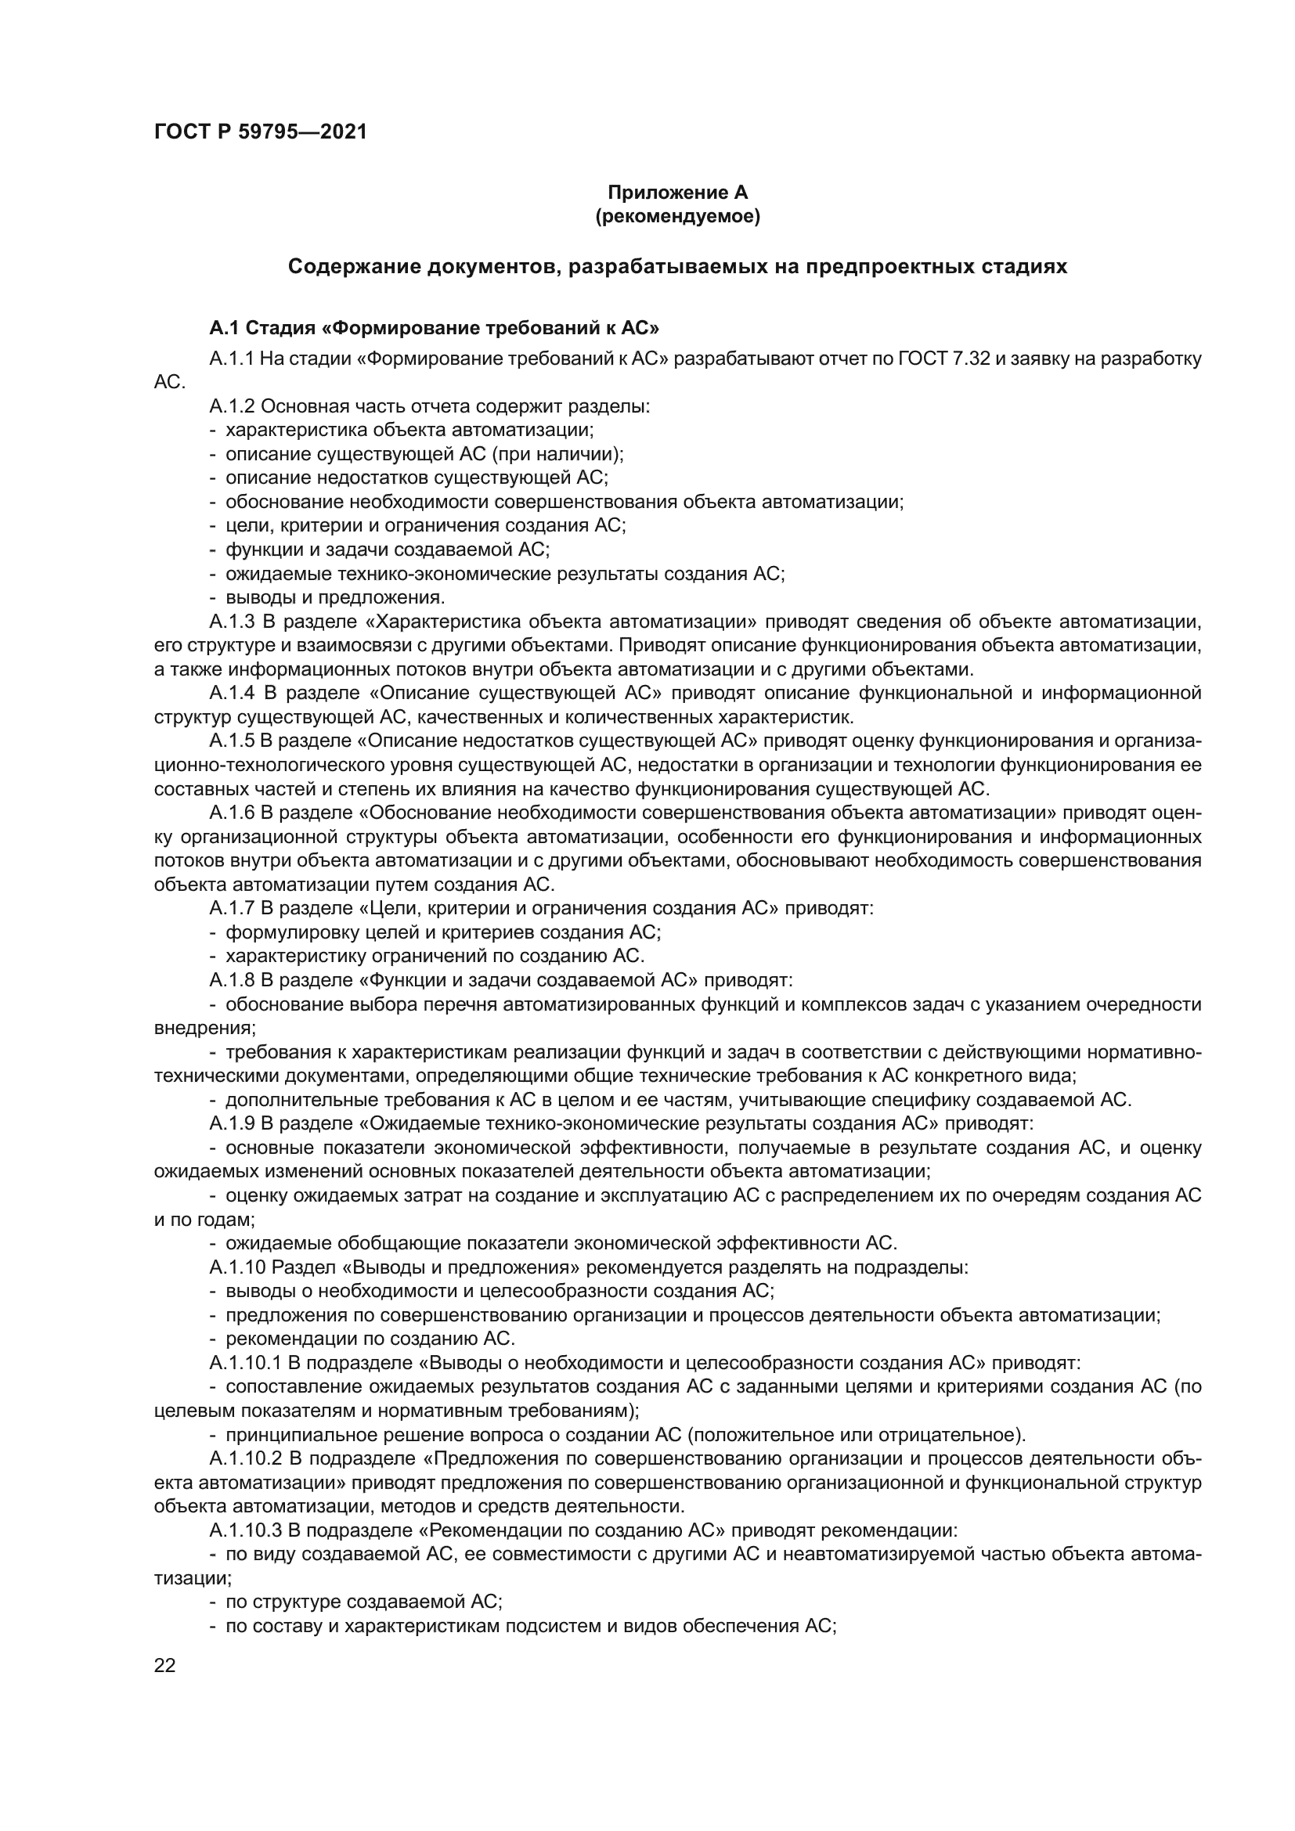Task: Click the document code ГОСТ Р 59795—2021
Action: point(260,132)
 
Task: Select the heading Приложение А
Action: point(677,193)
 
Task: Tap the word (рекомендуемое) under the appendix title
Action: point(677,216)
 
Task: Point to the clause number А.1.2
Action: point(231,406)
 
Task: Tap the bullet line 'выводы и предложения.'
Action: point(335,597)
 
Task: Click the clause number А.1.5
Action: point(231,741)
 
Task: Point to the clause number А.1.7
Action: point(231,908)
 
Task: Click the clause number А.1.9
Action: point(231,1123)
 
